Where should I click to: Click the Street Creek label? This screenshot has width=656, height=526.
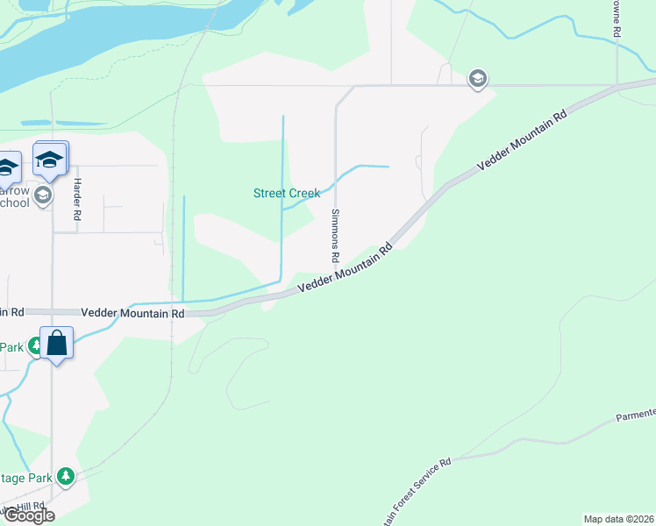(287, 193)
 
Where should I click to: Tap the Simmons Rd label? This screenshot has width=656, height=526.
(334, 237)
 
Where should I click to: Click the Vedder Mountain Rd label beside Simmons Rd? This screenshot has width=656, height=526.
(344, 269)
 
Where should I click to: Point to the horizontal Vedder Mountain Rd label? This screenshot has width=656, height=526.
(133, 313)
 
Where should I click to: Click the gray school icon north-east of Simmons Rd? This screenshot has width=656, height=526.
(477, 79)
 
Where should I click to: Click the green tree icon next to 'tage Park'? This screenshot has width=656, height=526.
(66, 477)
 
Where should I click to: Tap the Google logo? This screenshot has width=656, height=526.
(28, 515)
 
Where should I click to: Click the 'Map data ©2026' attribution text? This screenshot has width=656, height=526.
(618, 519)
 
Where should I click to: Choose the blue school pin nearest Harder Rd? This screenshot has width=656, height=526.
(50, 160)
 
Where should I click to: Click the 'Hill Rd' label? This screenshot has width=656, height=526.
(31, 507)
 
